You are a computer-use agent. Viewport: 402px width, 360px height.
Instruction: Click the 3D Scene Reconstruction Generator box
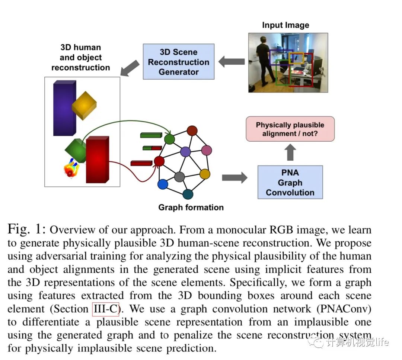point(179,62)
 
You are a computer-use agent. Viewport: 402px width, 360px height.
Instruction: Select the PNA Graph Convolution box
point(290,183)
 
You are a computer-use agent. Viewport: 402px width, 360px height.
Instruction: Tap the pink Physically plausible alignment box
point(290,129)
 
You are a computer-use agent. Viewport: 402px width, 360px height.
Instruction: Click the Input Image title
point(285,25)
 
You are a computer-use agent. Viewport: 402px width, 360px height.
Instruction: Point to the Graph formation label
point(191,208)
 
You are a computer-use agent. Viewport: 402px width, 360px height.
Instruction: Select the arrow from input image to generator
point(231,61)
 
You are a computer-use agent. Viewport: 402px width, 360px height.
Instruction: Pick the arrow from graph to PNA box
point(234,177)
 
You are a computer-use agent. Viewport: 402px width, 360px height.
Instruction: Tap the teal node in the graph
point(188,194)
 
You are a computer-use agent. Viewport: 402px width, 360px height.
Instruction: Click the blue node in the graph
point(163,184)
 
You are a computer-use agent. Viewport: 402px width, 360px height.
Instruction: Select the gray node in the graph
point(179,177)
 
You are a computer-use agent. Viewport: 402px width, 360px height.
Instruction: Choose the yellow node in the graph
point(205,174)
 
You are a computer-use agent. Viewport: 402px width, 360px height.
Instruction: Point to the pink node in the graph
point(207,150)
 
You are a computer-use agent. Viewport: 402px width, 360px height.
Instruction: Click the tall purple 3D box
point(64,108)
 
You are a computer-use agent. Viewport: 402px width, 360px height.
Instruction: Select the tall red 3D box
point(97,160)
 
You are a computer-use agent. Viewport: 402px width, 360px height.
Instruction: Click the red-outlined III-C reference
point(105,309)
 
